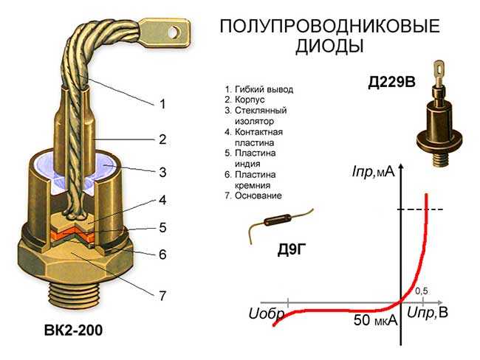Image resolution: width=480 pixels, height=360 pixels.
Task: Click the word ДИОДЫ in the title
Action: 329,46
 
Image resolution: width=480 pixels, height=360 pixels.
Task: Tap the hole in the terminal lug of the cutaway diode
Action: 174,32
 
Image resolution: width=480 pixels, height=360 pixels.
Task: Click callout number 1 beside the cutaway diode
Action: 162,104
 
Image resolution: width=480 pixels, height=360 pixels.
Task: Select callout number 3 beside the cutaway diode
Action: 162,172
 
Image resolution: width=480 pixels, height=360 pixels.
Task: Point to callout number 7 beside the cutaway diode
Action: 162,296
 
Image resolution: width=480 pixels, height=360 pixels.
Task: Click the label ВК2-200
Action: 73,330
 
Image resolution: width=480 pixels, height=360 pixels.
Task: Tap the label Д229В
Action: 391,82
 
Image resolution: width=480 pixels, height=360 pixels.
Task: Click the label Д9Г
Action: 292,250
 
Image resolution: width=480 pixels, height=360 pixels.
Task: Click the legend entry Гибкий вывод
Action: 264,89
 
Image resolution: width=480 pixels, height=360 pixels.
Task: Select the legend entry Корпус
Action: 250,100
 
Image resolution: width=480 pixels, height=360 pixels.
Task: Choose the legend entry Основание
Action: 258,195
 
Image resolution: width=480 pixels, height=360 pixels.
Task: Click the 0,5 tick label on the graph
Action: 421,291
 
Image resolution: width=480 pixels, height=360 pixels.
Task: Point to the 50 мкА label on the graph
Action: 375,320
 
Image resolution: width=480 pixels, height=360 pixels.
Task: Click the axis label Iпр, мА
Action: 373,172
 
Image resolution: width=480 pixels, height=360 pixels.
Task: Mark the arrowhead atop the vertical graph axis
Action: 402,167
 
